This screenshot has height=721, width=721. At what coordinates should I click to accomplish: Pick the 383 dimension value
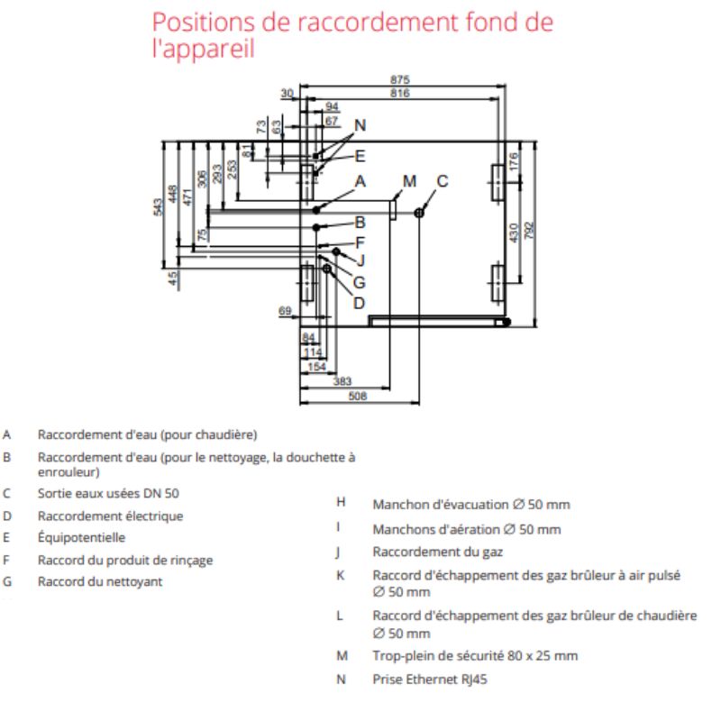(x=342, y=381)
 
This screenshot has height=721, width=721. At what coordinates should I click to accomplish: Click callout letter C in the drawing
(x=443, y=181)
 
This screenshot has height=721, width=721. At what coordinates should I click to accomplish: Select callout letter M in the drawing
(x=410, y=181)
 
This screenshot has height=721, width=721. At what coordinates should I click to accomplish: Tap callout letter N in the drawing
(x=360, y=125)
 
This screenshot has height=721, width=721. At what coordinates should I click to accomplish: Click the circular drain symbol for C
(x=419, y=212)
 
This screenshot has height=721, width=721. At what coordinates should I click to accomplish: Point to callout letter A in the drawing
(x=360, y=181)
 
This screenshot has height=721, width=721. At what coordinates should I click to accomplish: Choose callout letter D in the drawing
(x=359, y=303)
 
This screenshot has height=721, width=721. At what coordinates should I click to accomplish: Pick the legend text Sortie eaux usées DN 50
(x=108, y=494)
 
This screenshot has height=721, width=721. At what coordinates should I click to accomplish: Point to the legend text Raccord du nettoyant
(x=100, y=582)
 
